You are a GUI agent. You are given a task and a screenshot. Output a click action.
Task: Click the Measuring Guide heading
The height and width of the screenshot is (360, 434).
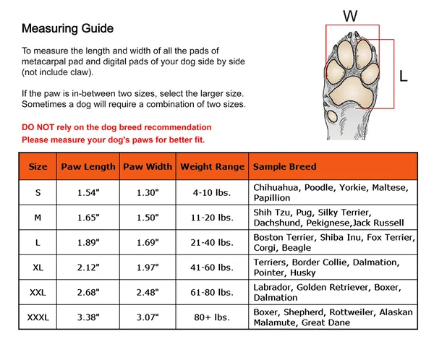coord(67,30)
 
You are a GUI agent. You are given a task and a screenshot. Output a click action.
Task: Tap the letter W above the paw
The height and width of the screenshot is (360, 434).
coord(350,16)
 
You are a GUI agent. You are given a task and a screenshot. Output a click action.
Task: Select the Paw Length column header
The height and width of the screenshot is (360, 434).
coord(88,167)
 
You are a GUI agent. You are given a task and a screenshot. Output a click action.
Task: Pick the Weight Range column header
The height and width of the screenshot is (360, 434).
coord(213,167)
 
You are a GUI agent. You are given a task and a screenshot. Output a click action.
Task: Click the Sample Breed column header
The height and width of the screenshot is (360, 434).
coord(285,167)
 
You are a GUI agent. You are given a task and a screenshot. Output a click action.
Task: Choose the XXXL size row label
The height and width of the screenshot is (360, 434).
coord(38,317)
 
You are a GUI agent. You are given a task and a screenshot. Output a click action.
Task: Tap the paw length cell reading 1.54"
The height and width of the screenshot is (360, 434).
coord(88,192)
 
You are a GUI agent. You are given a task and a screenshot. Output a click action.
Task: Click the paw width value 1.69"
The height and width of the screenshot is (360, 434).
coord(148,242)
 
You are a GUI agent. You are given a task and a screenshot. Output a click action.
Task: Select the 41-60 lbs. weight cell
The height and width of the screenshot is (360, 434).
coord(213,267)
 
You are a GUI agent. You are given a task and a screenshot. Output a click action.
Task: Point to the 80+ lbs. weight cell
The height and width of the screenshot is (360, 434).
coord(213,317)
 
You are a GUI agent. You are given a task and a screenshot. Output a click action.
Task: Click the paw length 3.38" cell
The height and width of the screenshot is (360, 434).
coord(88,317)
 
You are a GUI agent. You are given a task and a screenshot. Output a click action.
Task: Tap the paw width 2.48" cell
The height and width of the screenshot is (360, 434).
coord(148,292)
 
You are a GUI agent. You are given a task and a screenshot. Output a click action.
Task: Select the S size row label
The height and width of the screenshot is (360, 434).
coord(38,192)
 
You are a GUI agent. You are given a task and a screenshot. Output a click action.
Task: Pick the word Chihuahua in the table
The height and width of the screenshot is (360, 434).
coord(278,187)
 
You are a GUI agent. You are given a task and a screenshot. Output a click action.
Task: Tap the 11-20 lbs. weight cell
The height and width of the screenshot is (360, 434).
coord(213,217)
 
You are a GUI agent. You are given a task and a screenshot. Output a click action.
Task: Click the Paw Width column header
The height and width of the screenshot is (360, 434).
coord(148,167)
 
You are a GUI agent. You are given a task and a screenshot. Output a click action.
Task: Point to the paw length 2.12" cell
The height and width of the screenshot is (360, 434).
coord(88,267)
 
